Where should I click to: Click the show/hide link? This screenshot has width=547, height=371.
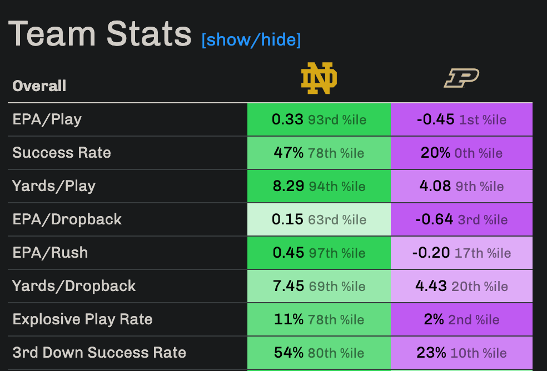coord(251,40)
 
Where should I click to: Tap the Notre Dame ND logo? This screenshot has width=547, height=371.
coord(319,78)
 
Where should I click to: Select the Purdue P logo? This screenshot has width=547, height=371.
coord(461,78)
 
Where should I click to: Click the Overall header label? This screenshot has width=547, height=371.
coord(39,86)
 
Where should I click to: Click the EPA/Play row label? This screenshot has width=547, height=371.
coord(47,119)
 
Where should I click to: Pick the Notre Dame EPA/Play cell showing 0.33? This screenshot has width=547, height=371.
coord(319,119)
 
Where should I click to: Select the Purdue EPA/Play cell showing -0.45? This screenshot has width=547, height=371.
coord(461,119)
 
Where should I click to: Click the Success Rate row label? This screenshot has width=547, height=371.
coord(62,153)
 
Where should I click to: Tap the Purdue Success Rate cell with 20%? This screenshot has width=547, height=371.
coord(461,153)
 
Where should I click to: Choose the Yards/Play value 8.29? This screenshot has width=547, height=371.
coord(289,186)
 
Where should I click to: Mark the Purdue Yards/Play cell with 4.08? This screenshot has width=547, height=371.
coord(461,186)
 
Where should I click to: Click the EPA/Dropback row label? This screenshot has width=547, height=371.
coord(67,219)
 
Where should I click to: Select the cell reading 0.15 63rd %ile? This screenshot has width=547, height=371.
coord(319,219)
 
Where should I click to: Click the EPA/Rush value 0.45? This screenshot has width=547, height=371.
coord(289,253)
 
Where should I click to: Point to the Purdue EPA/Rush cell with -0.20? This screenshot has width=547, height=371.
coord(461,253)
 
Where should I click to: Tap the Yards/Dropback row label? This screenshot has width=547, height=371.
coord(74,286)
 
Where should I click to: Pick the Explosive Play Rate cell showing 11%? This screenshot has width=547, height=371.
coord(319,319)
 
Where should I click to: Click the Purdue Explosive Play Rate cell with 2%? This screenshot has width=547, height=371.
coord(461,319)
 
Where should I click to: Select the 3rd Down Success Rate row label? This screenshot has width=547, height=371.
coord(99,353)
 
